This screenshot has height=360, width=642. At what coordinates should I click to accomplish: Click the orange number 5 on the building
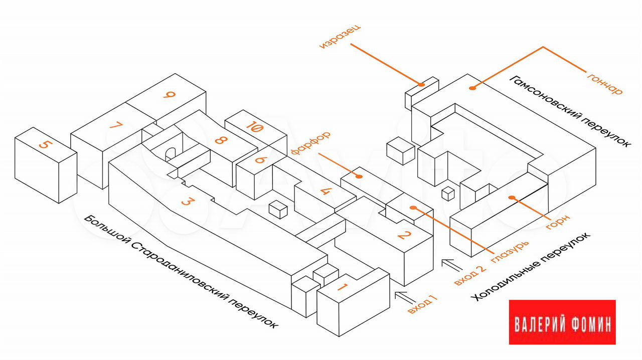click(x=45, y=145)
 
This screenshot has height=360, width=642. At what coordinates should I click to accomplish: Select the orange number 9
click(x=170, y=95)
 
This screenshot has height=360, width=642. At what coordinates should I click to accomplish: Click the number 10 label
click(x=254, y=127)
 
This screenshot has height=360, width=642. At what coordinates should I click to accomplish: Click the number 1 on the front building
click(x=342, y=288)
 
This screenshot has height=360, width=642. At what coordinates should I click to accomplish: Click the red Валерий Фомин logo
click(x=562, y=322)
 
